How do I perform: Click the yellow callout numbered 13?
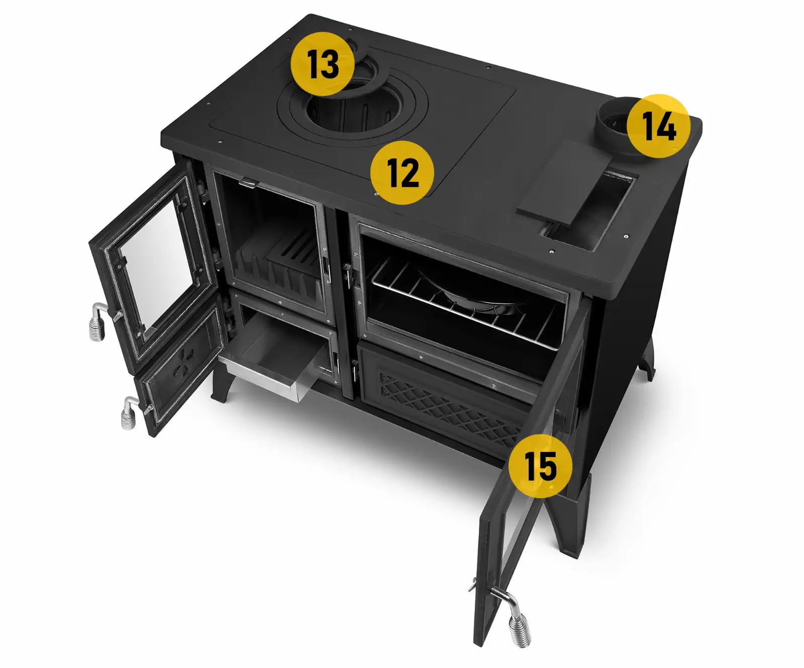click(323, 64)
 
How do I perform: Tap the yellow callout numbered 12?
click(402, 172)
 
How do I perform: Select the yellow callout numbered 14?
click(658, 126)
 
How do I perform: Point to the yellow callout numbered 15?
click(540, 466)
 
